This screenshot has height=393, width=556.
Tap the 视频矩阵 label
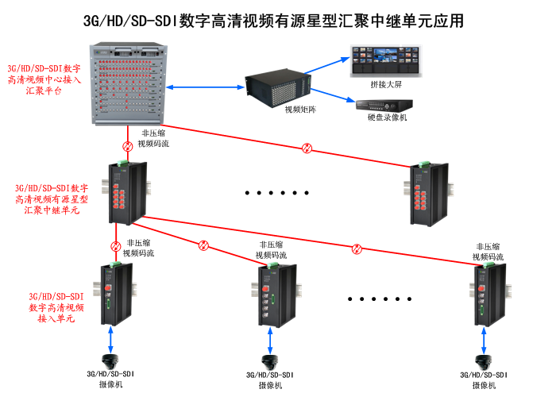click(x=300, y=110)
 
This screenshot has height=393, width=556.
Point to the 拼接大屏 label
click(x=386, y=83)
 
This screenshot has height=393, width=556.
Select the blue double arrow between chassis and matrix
click(x=203, y=87)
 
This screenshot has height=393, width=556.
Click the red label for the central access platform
click(x=44, y=80)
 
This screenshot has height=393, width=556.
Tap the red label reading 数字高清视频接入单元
click(x=56, y=306)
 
